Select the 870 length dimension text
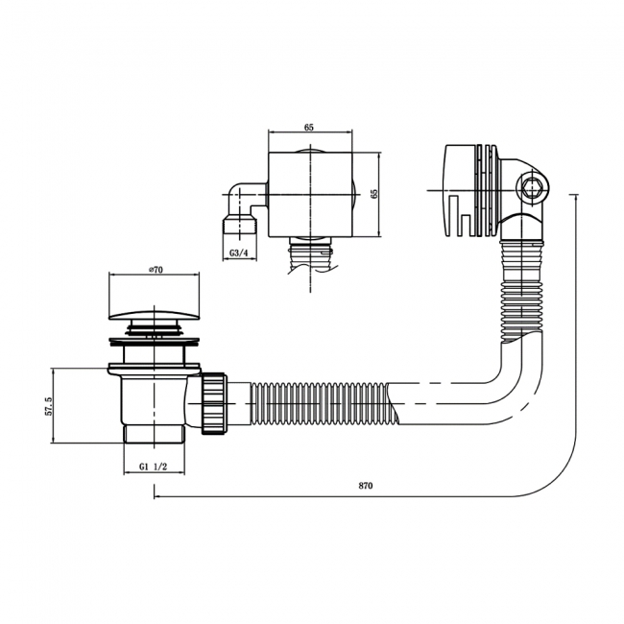(365, 487)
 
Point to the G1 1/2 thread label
(154, 468)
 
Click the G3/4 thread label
(240, 252)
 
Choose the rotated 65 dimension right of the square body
(374, 193)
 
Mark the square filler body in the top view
(309, 193)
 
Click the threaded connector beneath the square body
(309, 254)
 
